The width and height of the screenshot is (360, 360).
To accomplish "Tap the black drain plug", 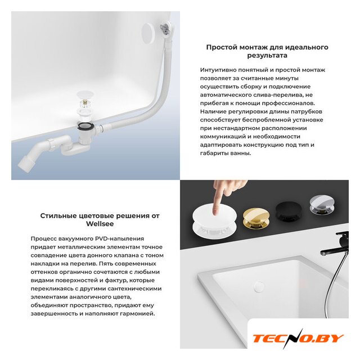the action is click(x=286, y=211).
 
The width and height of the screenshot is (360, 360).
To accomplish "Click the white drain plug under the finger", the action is click(x=208, y=221).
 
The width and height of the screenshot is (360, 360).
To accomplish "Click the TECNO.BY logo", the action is click(x=298, y=339).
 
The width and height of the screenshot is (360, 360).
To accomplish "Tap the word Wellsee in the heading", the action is click(x=100, y=224).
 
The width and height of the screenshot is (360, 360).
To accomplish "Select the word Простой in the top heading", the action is click(x=222, y=47).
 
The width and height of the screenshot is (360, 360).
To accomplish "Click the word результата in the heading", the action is click(x=267, y=56).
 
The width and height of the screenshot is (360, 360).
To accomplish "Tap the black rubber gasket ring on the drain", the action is click(x=85, y=126).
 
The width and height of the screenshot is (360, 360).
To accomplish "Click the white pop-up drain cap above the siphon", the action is click(x=85, y=94).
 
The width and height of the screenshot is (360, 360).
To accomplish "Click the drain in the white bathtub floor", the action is click(x=259, y=286).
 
